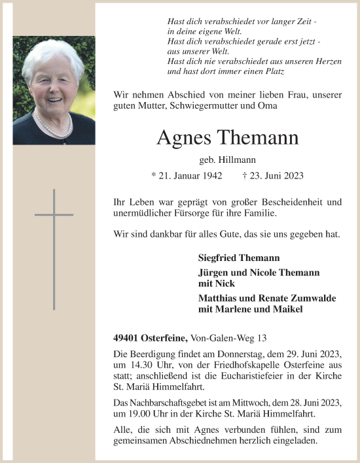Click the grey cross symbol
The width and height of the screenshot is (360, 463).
(54, 214)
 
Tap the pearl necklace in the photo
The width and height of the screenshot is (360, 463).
(54, 123)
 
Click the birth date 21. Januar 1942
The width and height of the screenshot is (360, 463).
(187, 176)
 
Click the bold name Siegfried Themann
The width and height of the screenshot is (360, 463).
(238, 258)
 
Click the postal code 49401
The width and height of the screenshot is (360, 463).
(126, 337)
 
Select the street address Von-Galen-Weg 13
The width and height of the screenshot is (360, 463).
(229, 337)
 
